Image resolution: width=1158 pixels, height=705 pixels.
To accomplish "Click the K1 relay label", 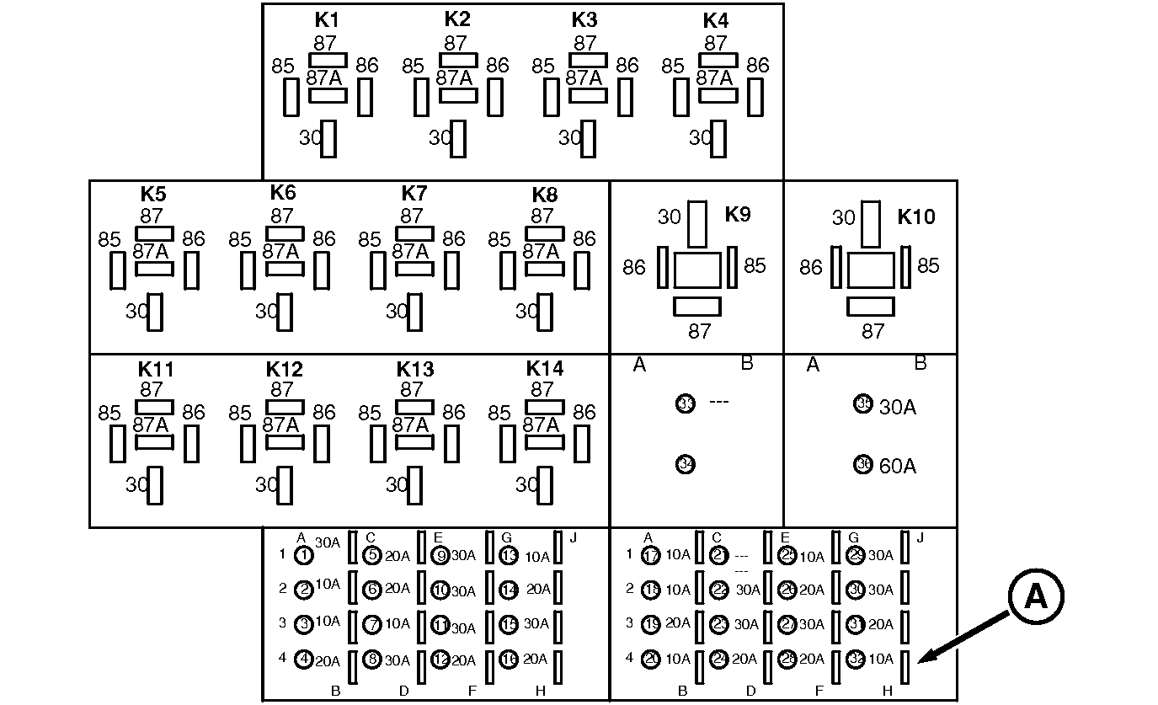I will [x=327, y=20].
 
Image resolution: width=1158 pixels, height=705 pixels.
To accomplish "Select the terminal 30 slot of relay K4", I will [x=718, y=138].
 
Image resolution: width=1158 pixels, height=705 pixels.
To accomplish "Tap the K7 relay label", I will [x=414, y=195].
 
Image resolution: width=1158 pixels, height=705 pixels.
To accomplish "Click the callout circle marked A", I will [x=1035, y=596].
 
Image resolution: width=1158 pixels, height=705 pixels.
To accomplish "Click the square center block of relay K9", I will [x=697, y=270].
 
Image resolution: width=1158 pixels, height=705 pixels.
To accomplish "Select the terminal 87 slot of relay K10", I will [x=870, y=307].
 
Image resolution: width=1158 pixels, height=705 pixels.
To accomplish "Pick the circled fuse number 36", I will [x=863, y=464].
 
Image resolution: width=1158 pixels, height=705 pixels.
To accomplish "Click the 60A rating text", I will [x=897, y=466].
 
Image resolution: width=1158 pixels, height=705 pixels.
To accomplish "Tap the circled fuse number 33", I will [x=686, y=403].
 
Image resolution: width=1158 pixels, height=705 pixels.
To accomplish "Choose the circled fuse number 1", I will [x=304, y=555].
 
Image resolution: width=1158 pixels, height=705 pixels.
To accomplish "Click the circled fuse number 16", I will [x=509, y=660].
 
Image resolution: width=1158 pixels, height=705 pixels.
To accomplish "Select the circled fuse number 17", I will [x=650, y=555].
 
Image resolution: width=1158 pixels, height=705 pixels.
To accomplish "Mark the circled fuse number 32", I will [x=856, y=660].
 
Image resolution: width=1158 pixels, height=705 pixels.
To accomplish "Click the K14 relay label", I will [x=545, y=369].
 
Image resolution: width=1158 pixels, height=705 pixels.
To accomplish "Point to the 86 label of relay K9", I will [x=634, y=267].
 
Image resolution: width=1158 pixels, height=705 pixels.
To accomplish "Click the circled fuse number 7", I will [x=372, y=624].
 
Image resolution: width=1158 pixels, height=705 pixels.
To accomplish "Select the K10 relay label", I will [x=915, y=216].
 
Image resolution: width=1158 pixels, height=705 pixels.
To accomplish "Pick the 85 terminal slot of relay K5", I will [x=118, y=270].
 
